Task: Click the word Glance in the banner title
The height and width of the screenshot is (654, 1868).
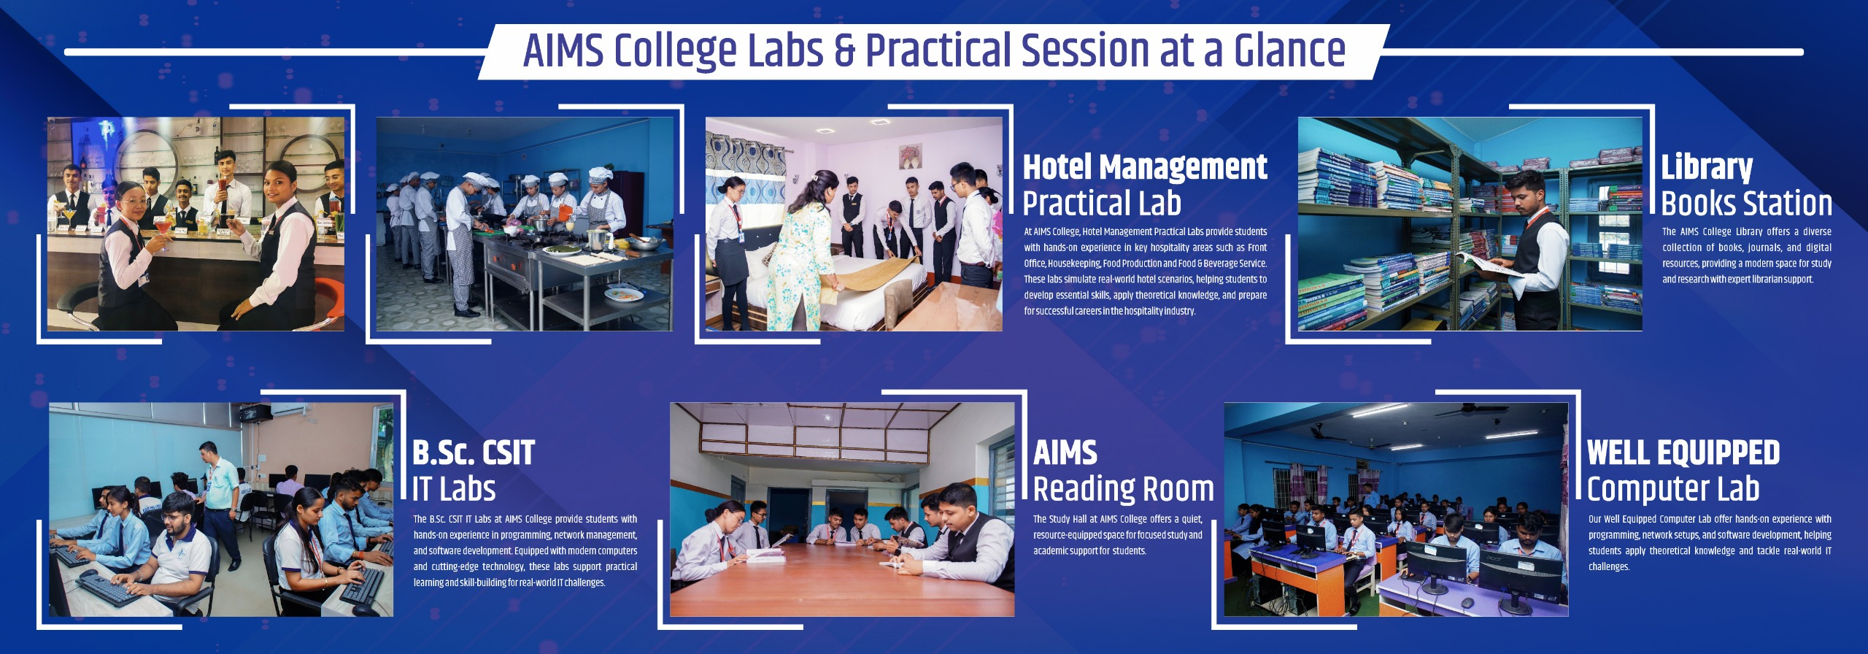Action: (1289, 50)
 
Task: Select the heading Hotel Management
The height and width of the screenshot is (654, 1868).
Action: (1145, 167)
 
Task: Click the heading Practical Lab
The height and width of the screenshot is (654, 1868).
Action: (1102, 203)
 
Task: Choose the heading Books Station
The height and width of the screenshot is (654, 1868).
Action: (1747, 203)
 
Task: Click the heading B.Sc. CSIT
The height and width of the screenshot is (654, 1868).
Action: (474, 453)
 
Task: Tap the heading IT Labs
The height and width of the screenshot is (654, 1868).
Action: (454, 488)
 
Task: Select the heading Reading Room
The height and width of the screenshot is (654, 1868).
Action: (1124, 488)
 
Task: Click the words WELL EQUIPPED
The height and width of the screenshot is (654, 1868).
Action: (1683, 453)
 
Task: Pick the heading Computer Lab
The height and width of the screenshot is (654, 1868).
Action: (1673, 489)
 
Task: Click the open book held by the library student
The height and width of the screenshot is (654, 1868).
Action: (1489, 264)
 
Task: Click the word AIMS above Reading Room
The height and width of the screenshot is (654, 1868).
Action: (1065, 453)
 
